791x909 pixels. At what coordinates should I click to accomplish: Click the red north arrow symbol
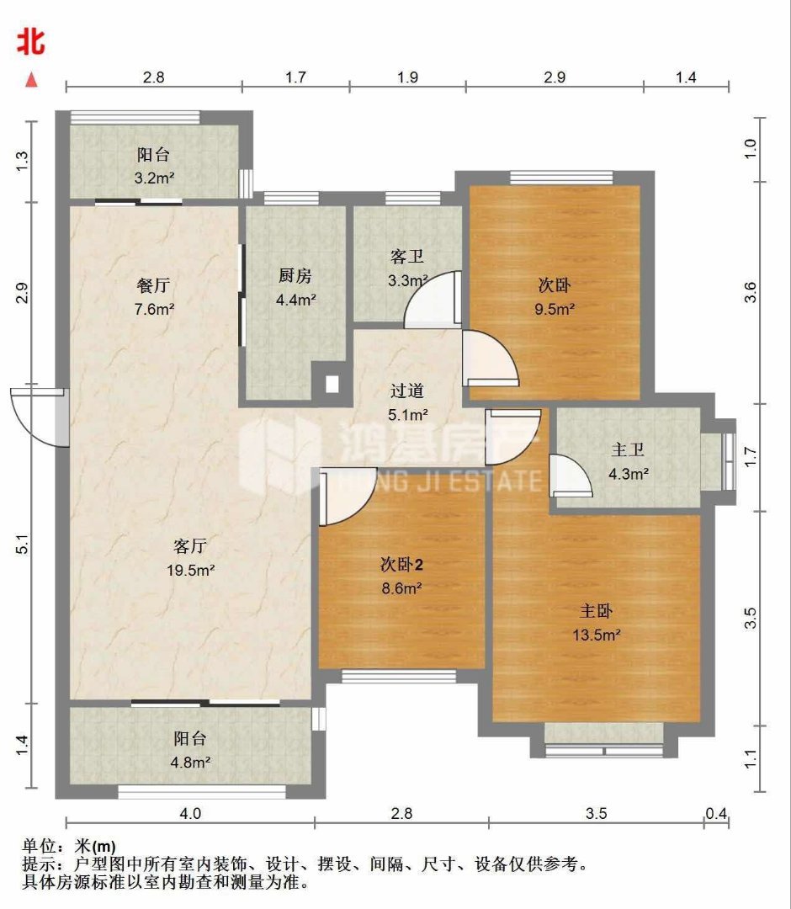(31, 80)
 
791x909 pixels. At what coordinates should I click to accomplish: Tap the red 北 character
(30, 42)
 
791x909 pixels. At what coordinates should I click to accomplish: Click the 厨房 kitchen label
(295, 275)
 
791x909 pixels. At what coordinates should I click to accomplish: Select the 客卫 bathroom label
(406, 256)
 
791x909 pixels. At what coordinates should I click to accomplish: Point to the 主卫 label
(628, 449)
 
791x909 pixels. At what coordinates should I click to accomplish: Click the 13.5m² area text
(597, 635)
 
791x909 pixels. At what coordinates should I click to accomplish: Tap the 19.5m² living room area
(191, 571)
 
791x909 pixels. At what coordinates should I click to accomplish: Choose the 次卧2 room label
(401, 564)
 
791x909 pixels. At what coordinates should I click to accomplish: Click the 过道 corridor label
(406, 391)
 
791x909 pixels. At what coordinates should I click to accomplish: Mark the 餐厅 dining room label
(153, 285)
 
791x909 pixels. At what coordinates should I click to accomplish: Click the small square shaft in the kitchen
(332, 383)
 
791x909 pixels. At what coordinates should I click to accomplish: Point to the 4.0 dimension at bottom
(190, 813)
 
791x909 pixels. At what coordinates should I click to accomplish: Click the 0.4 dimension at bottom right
(716, 813)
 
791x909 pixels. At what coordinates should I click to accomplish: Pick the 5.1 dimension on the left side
(22, 545)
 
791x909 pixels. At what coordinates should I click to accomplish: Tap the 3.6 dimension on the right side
(751, 291)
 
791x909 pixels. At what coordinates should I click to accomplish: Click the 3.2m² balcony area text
(154, 178)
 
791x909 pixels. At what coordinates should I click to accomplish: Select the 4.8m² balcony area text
(190, 762)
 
